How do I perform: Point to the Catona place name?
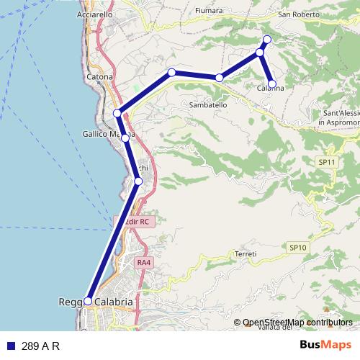pos(99,76)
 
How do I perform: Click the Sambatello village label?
pos(208,104)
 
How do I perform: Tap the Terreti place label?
pos(246,254)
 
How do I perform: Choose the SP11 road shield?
pos(327,163)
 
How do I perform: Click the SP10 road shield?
pos(298,247)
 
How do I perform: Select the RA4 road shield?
pos(144,262)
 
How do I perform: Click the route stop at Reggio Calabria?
pos(88,301)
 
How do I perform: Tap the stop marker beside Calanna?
pos(272,84)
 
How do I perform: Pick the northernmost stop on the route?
pos(267,39)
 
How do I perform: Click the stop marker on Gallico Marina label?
pos(125,138)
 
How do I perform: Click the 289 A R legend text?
pos(40,346)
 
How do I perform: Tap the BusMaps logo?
pos(325,346)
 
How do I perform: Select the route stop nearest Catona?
pos(117,113)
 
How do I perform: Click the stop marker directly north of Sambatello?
pos(219,77)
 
